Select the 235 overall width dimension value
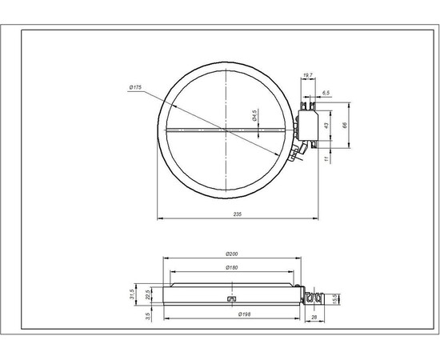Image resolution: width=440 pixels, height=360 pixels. (237, 214)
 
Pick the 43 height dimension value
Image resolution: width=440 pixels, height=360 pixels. (326, 126)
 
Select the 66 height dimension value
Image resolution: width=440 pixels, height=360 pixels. (345, 126)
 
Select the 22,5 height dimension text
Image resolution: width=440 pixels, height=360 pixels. (149, 294)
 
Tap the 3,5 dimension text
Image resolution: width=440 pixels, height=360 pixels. (149, 317)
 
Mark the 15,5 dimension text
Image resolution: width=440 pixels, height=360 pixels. (334, 299)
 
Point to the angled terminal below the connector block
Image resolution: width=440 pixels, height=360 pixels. (299, 153)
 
